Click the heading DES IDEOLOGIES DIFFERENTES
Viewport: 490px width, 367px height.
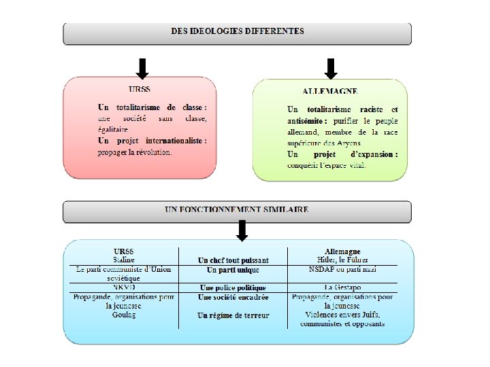[238, 31]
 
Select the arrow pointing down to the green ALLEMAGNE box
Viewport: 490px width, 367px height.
[331, 68]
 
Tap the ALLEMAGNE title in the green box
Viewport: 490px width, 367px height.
[330, 91]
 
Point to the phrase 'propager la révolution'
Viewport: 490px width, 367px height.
[135, 152]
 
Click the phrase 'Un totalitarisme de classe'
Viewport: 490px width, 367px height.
[152, 107]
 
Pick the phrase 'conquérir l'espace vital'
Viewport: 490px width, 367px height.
[327, 164]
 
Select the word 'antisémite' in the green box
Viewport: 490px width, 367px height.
[307, 120]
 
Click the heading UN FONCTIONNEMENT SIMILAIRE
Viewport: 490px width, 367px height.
[237, 209]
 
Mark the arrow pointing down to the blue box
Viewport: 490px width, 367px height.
[242, 230]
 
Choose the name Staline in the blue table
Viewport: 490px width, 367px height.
[124, 260]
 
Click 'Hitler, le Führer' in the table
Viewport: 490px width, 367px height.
[343, 260]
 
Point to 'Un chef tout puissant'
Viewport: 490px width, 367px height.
[233, 260]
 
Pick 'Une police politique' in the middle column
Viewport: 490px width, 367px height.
[232, 288]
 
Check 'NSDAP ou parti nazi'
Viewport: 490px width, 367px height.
[342, 269]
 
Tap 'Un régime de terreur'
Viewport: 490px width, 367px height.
[233, 315]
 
